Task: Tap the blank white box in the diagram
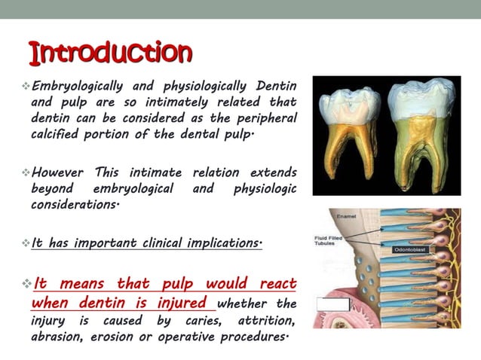[x=332, y=305]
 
